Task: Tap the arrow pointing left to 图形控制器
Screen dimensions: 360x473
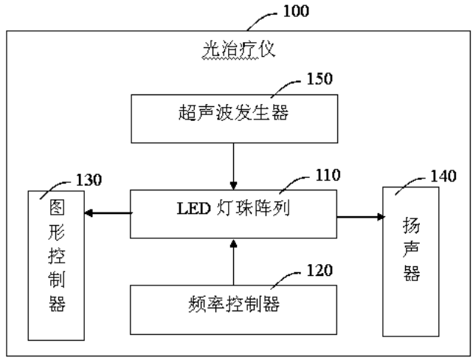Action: point(107,213)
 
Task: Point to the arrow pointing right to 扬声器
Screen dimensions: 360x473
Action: point(361,216)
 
